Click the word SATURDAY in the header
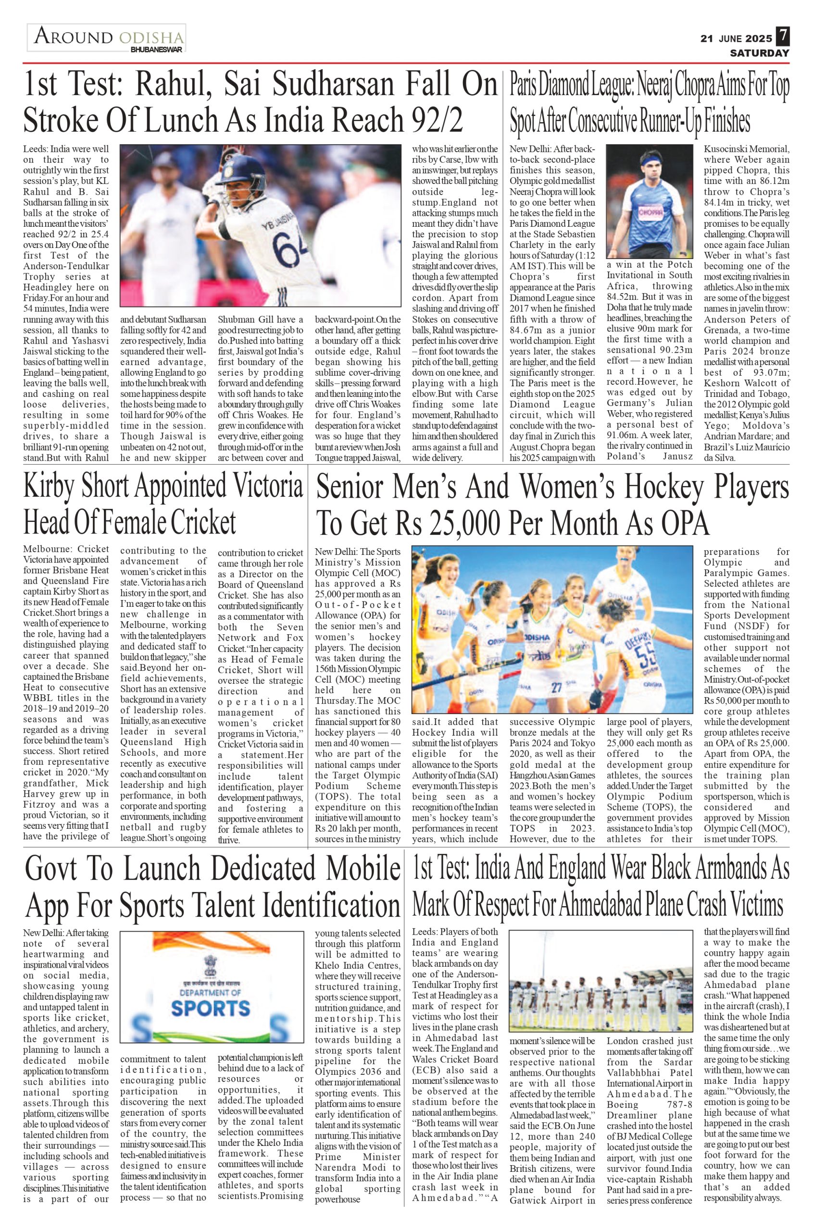(760, 53)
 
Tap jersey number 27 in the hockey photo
(556, 688)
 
